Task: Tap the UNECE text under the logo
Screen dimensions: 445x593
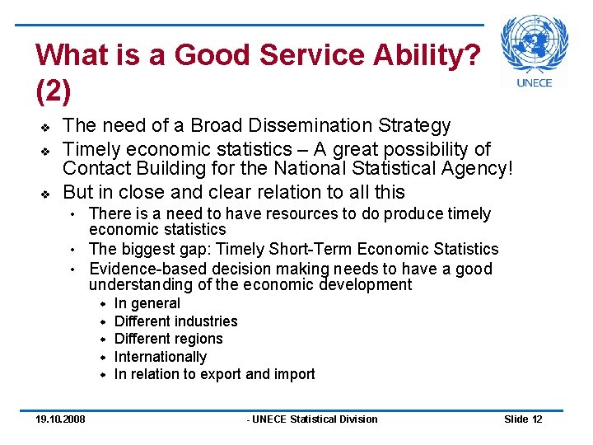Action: tap(534, 82)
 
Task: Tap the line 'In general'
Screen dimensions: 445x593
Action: tap(147, 303)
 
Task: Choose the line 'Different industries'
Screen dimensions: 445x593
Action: tap(175, 321)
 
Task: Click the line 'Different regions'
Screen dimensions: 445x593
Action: tap(168, 339)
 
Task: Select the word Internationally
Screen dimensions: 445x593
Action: tap(161, 357)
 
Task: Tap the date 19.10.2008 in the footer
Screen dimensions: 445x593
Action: tap(60, 419)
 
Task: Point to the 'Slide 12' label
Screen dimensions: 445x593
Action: tap(523, 419)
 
